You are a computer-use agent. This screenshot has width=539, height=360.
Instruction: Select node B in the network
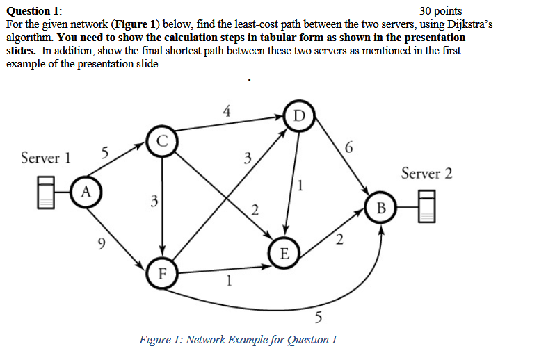tap(380, 208)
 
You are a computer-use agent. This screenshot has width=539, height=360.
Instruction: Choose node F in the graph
tap(162, 272)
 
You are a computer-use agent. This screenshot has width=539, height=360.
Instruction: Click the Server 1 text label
tap(46, 158)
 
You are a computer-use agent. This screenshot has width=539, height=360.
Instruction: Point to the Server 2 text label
tap(426, 173)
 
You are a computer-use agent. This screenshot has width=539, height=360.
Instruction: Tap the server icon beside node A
tap(47, 191)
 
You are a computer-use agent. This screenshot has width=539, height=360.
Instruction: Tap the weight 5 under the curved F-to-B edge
tap(319, 318)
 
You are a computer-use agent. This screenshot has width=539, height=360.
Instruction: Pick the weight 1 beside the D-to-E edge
tap(300, 185)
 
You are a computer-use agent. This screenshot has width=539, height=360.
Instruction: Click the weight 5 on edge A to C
tap(104, 152)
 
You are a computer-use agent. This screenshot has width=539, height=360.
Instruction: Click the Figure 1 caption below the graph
tap(238, 340)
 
